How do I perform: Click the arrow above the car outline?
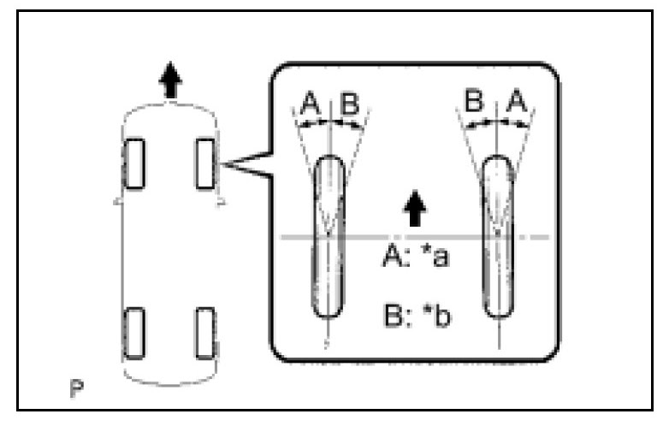pos(171,83)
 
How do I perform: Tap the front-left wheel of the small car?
pos(134,163)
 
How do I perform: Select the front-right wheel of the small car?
pos(205,163)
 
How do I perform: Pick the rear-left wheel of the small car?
pos(134,334)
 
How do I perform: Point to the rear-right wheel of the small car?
pos(205,333)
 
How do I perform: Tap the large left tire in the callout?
pos(329,237)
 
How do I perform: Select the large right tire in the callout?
pos(497,237)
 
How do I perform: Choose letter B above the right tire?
pos(476,104)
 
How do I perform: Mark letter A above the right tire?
pos(516,104)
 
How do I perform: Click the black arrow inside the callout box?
pos(415,208)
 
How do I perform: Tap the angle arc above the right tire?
pos(496,125)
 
